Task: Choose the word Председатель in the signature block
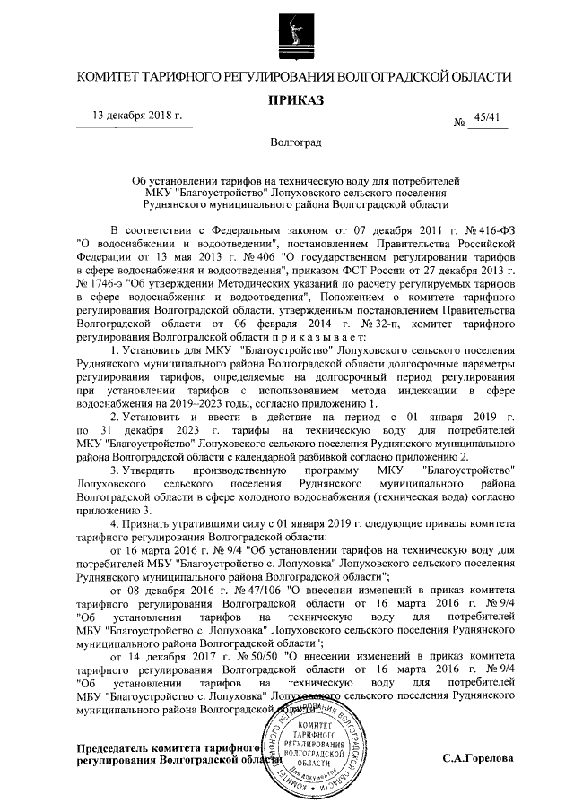(95, 746)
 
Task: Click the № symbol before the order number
(460, 122)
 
